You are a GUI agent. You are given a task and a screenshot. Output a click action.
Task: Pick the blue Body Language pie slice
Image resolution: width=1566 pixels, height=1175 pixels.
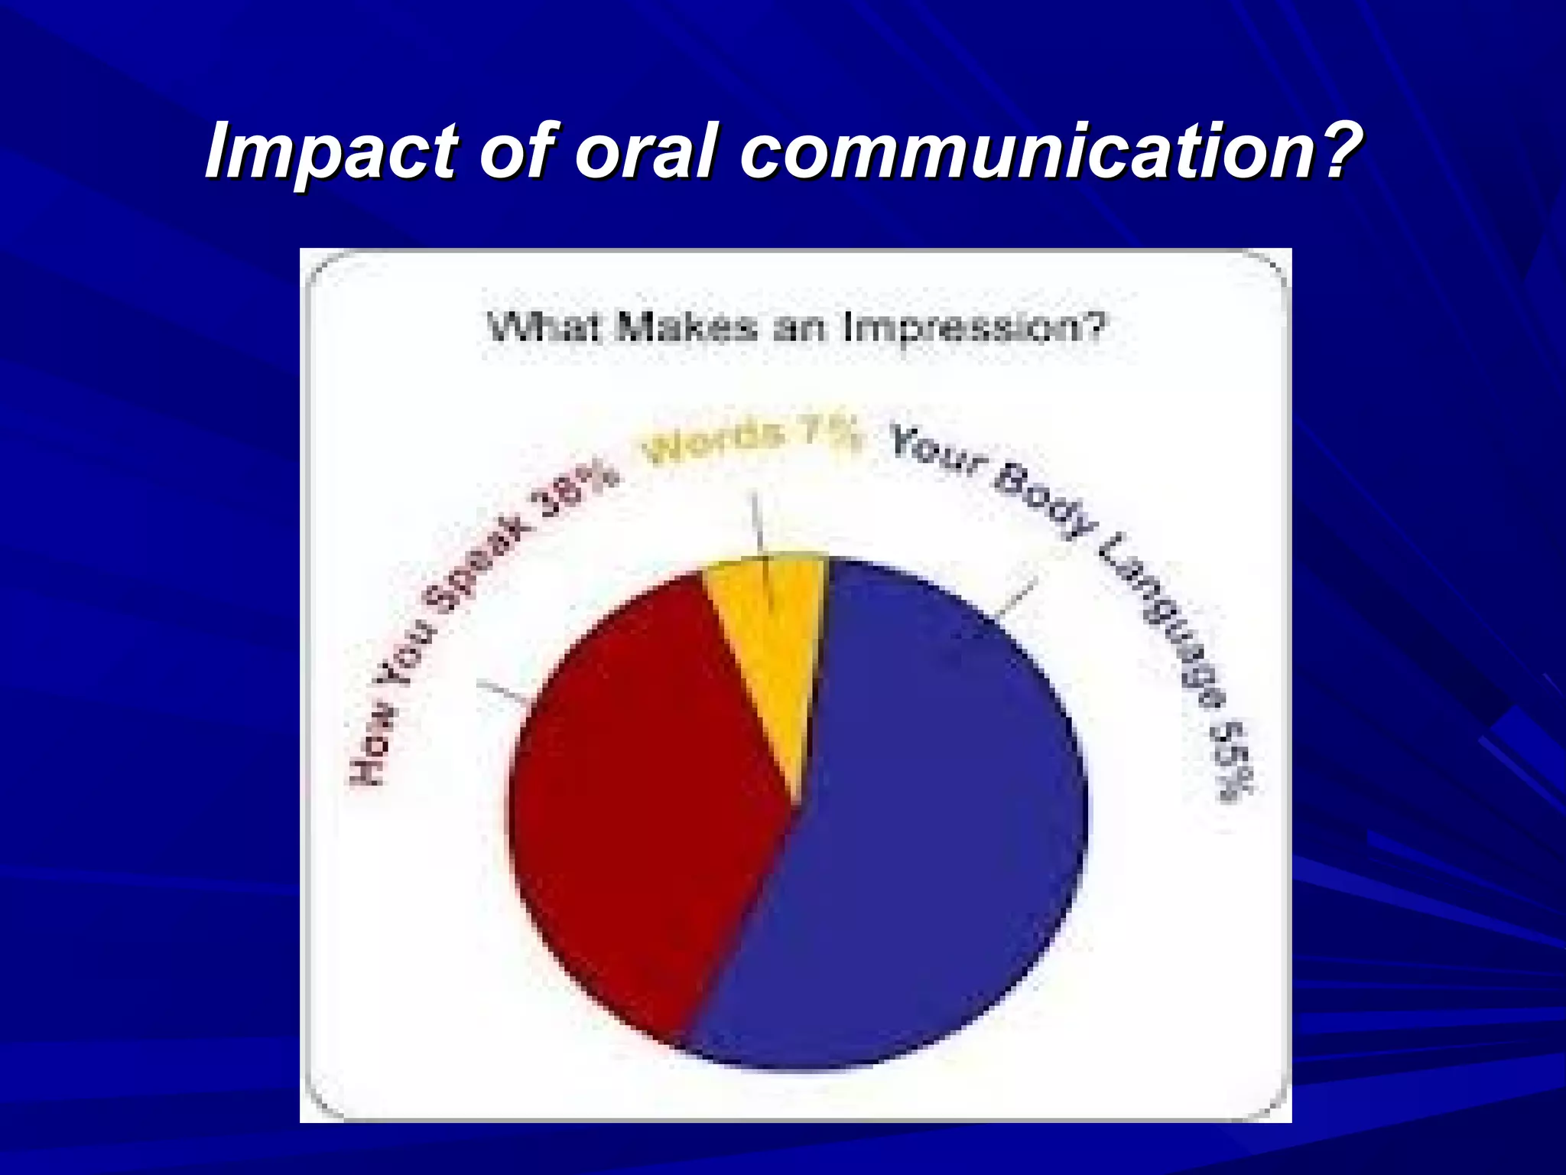click(x=933, y=826)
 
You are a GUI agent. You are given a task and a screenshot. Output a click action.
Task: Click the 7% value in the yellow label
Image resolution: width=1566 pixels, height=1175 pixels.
click(x=832, y=438)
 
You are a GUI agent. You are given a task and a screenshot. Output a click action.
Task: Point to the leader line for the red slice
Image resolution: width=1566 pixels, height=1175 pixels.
click(x=501, y=691)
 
